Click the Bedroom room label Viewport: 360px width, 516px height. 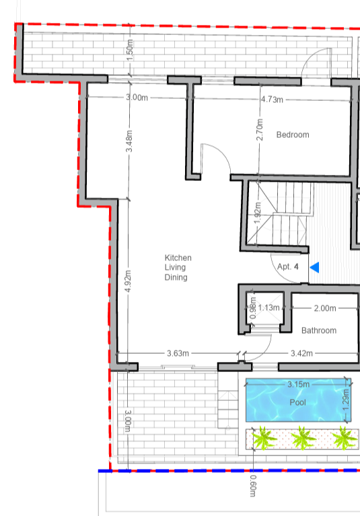(293, 135)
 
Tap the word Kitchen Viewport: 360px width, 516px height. (178, 258)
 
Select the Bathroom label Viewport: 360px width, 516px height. (319, 330)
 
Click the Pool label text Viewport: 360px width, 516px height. (298, 402)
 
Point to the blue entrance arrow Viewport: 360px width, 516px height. (315, 267)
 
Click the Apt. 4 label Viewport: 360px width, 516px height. (288, 266)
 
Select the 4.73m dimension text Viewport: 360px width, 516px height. (272, 100)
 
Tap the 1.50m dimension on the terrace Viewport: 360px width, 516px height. (130, 50)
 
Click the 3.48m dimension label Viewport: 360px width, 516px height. (129, 141)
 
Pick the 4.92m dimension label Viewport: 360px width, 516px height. (129, 281)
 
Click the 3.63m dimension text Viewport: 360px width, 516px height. (178, 353)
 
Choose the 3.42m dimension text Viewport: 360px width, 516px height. (301, 353)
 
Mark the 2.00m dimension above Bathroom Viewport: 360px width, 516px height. (325, 308)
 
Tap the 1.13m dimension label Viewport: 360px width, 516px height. (269, 307)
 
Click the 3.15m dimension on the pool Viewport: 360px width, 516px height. (299, 384)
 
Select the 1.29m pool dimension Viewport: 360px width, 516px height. (345, 400)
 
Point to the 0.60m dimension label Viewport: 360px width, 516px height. (253, 486)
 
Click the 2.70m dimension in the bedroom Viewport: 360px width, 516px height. (260, 130)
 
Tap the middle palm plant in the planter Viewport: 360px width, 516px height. (303, 438)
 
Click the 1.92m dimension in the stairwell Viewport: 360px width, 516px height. (258, 213)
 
